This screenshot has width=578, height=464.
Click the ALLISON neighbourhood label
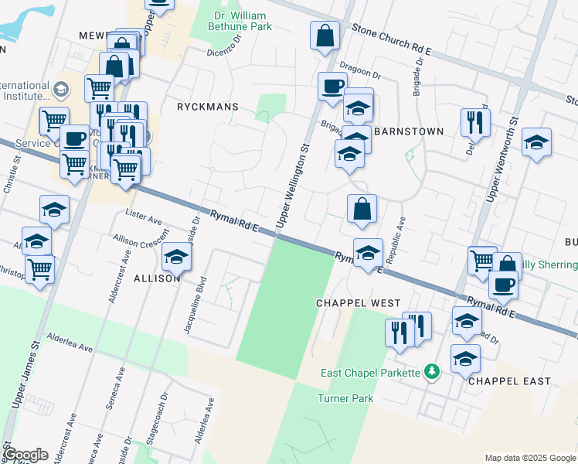(x=158, y=278)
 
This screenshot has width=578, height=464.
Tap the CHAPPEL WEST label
(x=358, y=303)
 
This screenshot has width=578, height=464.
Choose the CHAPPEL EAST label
(x=510, y=381)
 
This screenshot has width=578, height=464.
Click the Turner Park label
(x=345, y=399)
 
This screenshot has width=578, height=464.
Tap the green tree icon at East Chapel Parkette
(x=433, y=373)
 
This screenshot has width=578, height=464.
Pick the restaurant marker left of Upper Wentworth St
(x=474, y=121)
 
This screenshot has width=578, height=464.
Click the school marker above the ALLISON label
(x=177, y=257)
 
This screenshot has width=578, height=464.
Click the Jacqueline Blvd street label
(x=194, y=305)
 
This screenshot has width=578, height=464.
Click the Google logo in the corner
(x=25, y=455)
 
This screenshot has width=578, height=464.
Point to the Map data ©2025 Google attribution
(x=529, y=458)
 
